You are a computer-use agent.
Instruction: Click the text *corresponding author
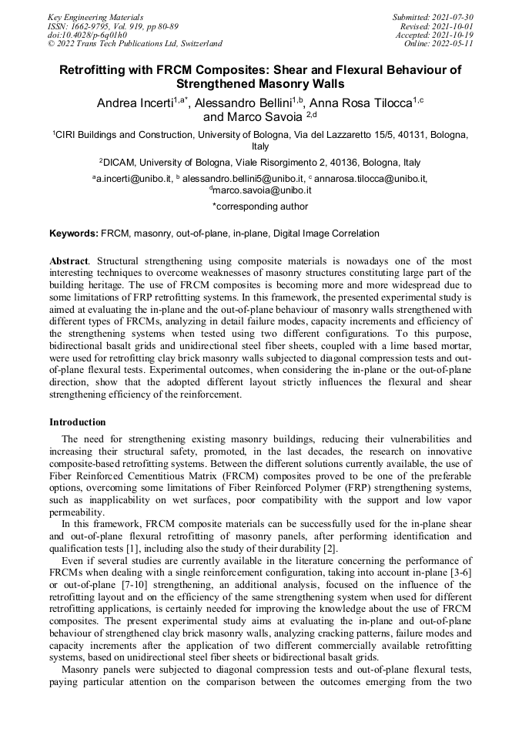pos(260,207)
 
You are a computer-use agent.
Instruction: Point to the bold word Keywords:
pos(74,233)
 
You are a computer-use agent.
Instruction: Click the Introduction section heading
pos(78,422)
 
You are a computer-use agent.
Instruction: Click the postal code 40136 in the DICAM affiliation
pos(333,163)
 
